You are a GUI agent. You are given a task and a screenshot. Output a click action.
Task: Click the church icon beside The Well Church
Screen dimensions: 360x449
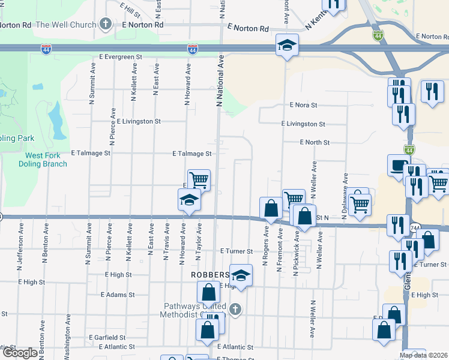pyautogui.click(x=106, y=25)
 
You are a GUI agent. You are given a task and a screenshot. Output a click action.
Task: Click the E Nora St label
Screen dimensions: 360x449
pyautogui.click(x=303, y=105)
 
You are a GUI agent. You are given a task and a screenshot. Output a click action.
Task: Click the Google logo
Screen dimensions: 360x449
pyautogui.click(x=19, y=353)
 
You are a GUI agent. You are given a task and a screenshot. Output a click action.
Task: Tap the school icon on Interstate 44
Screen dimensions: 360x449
pyautogui.click(x=287, y=44)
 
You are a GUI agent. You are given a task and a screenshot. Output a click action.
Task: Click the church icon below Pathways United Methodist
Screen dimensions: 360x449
pyautogui.click(x=235, y=310)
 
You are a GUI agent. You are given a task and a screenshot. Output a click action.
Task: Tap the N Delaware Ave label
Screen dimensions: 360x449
pyautogui.click(x=346, y=197)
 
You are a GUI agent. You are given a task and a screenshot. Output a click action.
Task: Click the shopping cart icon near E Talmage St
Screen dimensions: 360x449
pyautogui.click(x=199, y=179)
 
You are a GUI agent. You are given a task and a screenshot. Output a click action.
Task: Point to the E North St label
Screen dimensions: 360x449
pyautogui.click(x=315, y=142)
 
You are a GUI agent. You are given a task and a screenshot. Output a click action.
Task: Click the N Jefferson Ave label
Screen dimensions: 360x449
pyautogui.click(x=21, y=244)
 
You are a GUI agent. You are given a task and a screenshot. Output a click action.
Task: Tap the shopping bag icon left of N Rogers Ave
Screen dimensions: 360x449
pyautogui.click(x=271, y=208)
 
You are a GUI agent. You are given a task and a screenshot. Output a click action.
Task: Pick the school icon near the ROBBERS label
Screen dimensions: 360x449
pyautogui.click(x=241, y=275)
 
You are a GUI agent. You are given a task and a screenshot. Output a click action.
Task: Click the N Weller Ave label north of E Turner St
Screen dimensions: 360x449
pyautogui.click(x=313, y=179)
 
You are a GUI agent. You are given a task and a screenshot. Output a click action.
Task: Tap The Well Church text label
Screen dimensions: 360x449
pyautogui.click(x=66, y=25)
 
